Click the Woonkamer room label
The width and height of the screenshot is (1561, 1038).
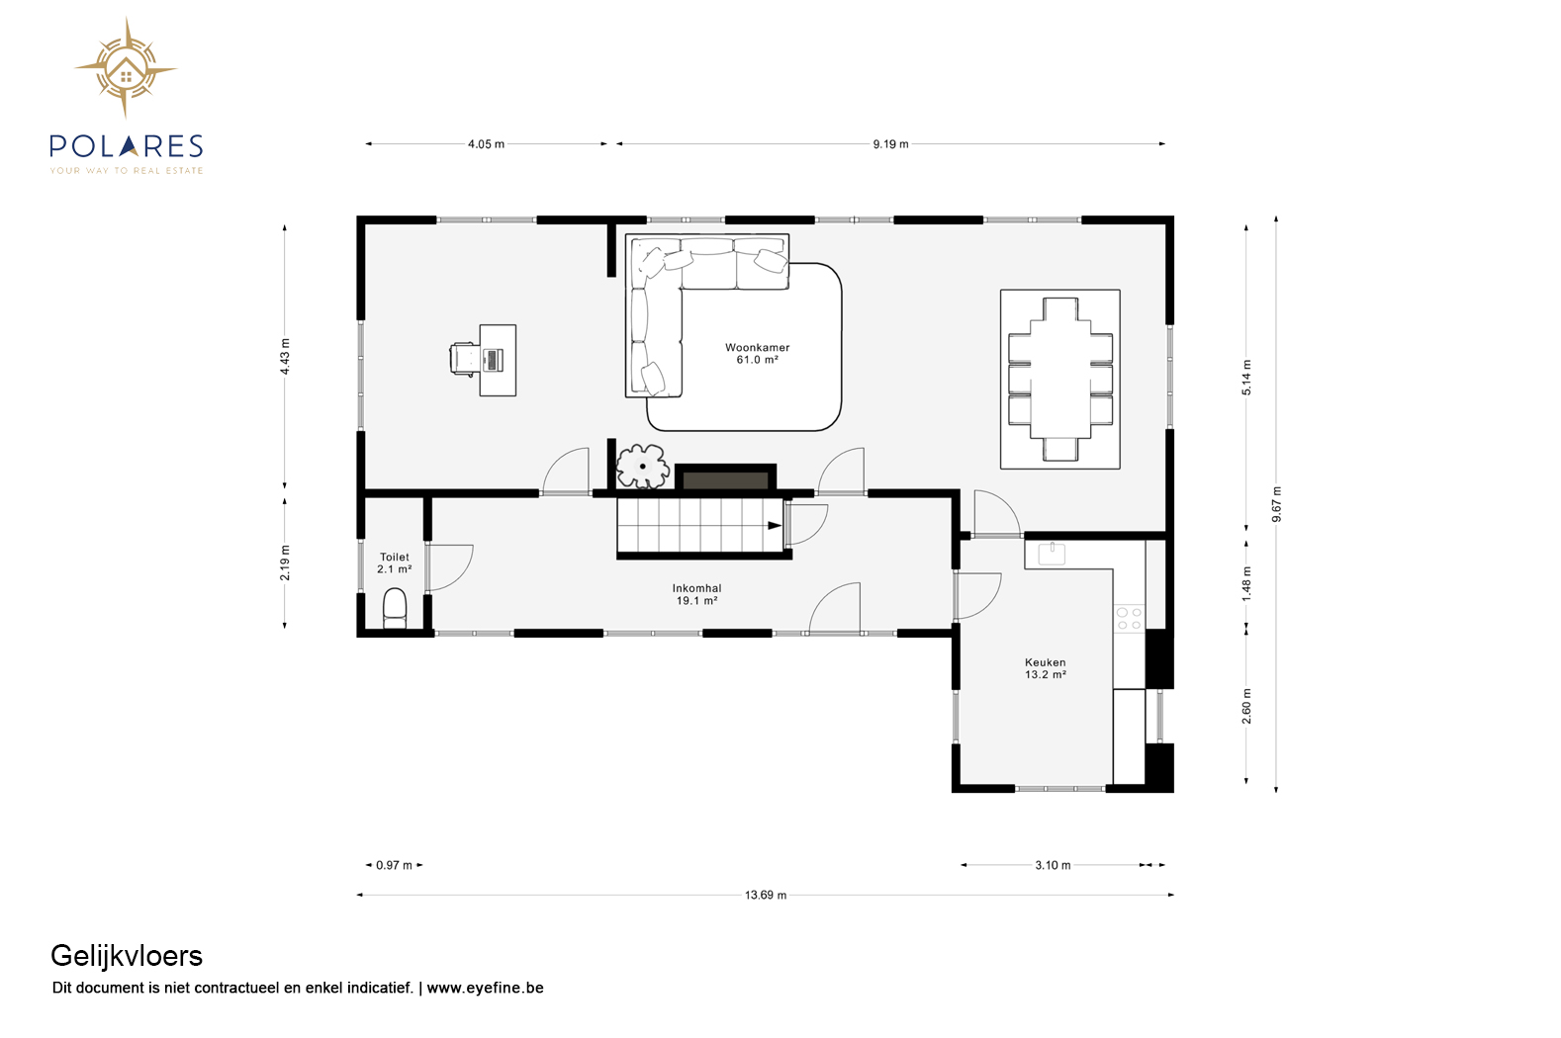click(757, 353)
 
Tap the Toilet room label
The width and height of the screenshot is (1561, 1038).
click(394, 562)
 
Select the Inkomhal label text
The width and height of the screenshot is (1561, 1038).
click(696, 594)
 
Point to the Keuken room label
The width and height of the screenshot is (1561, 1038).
click(1046, 668)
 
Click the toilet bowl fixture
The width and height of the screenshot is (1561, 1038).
click(395, 607)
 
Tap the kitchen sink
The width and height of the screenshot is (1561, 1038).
click(1052, 554)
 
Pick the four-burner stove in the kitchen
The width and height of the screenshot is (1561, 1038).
click(1129, 619)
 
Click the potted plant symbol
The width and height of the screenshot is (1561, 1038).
click(643, 466)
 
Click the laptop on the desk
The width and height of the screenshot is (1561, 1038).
click(492, 360)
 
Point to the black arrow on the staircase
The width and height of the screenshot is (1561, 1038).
click(775, 525)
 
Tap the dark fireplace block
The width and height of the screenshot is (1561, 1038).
click(725, 478)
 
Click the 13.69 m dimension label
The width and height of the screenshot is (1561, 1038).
click(766, 896)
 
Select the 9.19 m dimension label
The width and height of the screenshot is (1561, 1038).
click(890, 144)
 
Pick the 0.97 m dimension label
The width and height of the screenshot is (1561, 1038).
click(394, 865)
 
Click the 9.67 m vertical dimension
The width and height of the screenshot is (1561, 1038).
click(1277, 504)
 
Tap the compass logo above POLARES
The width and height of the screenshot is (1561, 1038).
click(126, 68)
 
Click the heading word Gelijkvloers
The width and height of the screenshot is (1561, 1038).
click(127, 956)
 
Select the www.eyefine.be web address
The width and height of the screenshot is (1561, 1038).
click(485, 988)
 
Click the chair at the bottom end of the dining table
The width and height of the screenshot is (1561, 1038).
click(1059, 450)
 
